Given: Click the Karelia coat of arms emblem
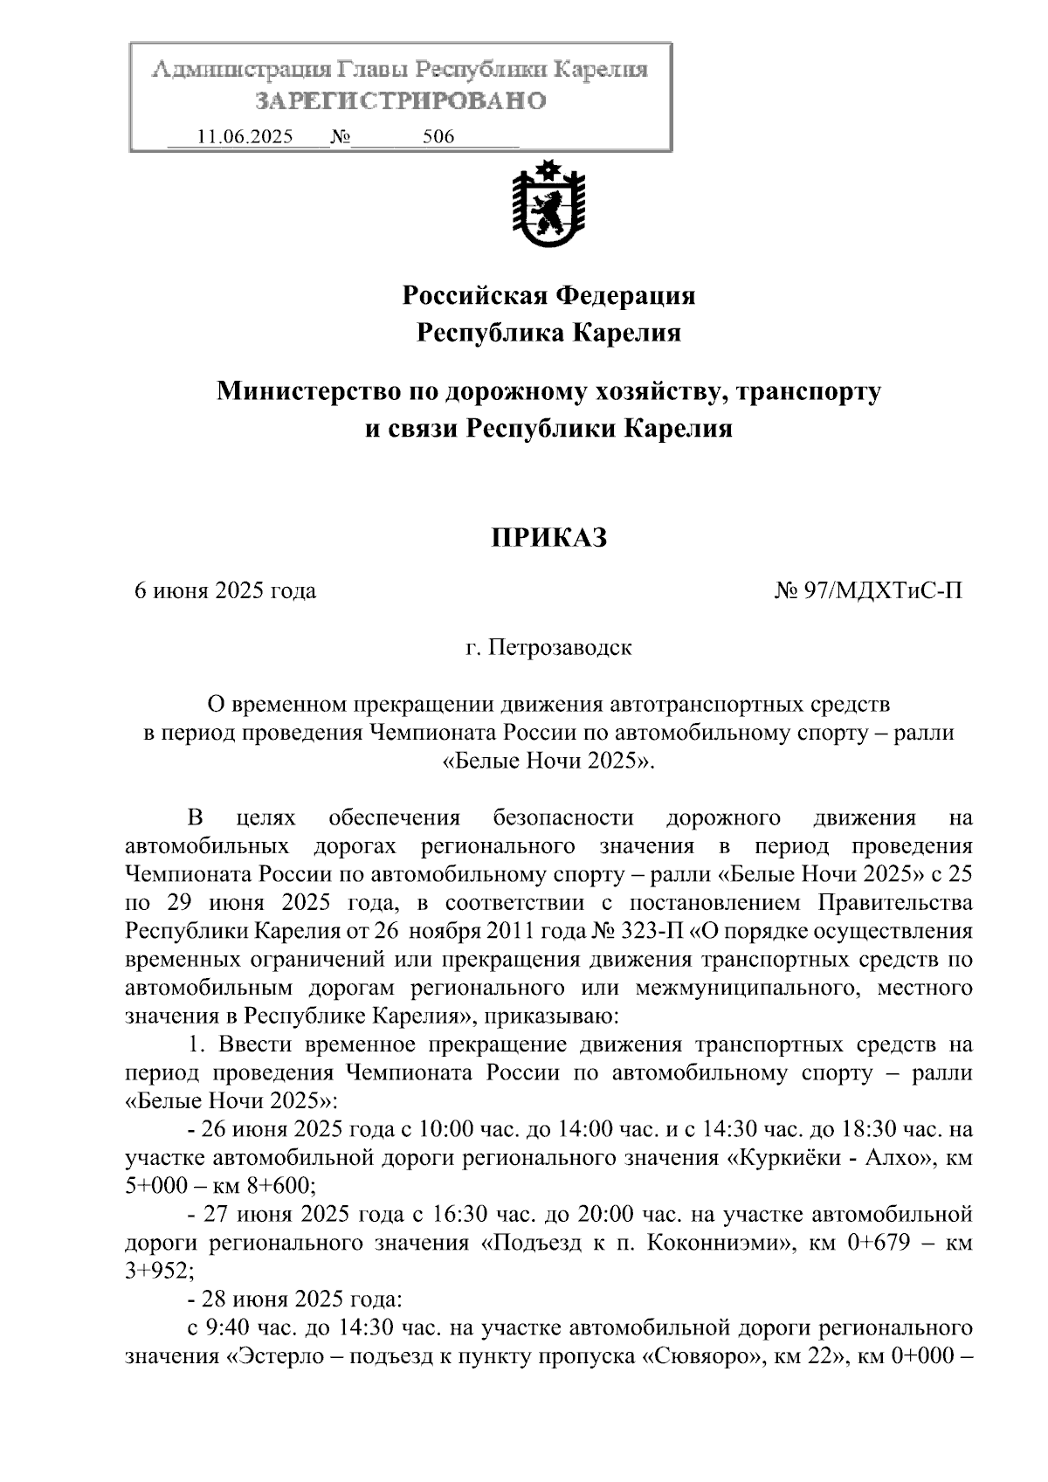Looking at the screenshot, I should tap(548, 203).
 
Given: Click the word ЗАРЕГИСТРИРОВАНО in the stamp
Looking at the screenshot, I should tap(400, 101).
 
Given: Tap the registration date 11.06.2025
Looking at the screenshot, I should tap(245, 137).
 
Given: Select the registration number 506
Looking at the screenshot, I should tap(438, 137).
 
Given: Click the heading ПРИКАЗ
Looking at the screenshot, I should tap(548, 538).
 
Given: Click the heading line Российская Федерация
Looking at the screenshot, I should tap(548, 296).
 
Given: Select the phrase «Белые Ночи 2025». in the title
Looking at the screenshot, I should tap(548, 761).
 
